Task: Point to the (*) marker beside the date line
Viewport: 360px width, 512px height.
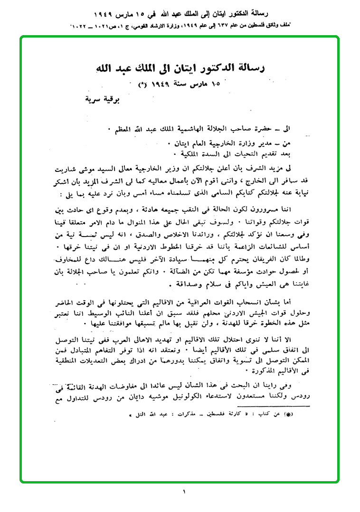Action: [142, 85]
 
